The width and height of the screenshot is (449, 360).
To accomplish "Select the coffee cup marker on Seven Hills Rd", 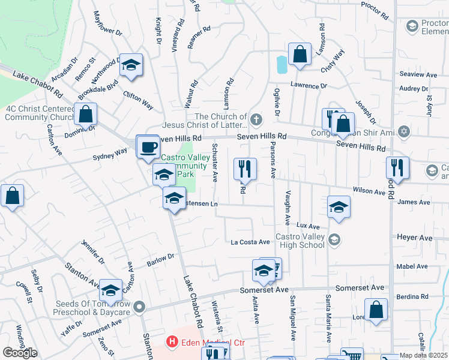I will pyautogui.click(x=148, y=146).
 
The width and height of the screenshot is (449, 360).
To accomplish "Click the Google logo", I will pyautogui.click(x=20, y=353).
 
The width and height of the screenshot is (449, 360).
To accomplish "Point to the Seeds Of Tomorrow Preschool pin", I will pyautogui.click(x=140, y=307).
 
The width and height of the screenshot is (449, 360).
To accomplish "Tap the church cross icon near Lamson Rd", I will pyautogui.click(x=256, y=118).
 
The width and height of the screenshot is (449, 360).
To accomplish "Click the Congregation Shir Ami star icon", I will pyautogui.click(x=404, y=131).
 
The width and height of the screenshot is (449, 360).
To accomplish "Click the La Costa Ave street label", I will pyautogui.click(x=250, y=242).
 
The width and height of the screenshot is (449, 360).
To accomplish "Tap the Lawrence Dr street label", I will pyautogui.click(x=309, y=86).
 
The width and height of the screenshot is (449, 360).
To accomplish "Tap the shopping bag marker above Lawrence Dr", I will pyautogui.click(x=299, y=54).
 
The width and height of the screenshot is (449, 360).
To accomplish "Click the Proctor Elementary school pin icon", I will pyautogui.click(x=412, y=26).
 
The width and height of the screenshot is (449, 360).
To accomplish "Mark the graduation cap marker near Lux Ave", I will pyautogui.click(x=339, y=208).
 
